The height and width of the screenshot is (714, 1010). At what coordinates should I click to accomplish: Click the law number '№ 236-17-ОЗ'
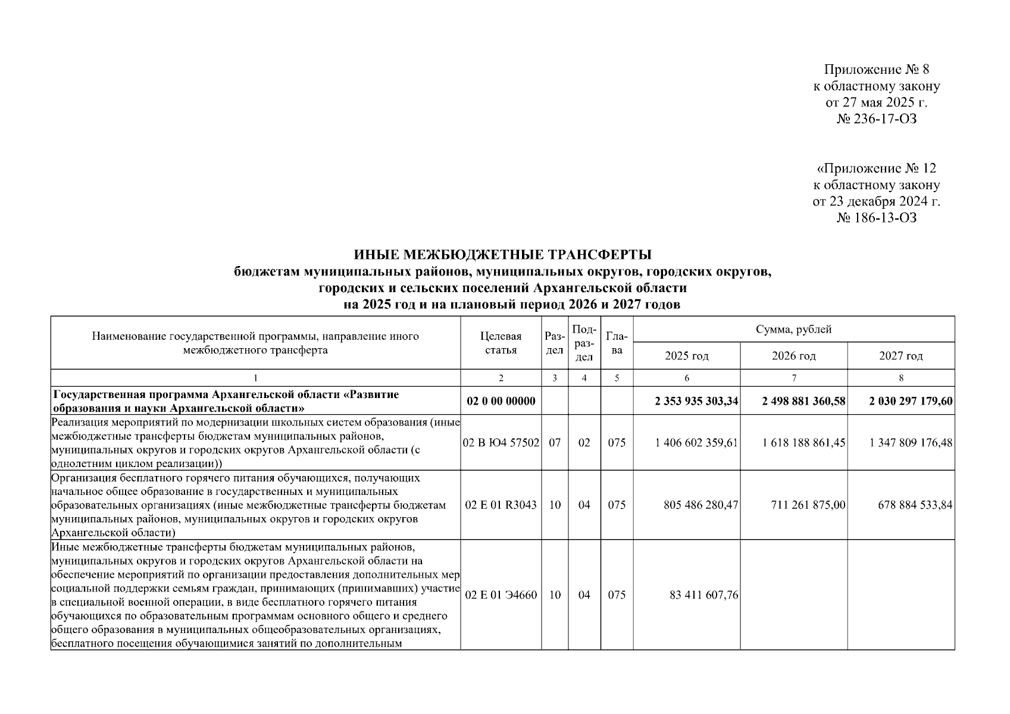(876, 119)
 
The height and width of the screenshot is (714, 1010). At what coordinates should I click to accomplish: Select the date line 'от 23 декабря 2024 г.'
(876, 201)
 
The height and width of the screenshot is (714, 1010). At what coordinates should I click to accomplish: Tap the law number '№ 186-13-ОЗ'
(876, 218)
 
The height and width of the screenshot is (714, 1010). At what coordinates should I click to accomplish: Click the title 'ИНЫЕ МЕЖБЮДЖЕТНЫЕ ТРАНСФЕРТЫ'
(503, 255)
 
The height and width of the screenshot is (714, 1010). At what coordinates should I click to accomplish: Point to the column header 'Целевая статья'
(501, 343)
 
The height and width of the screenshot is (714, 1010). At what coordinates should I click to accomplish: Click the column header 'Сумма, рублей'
(793, 329)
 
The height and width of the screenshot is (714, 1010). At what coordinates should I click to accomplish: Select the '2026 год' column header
(793, 356)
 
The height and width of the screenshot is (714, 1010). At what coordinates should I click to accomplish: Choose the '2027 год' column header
(900, 356)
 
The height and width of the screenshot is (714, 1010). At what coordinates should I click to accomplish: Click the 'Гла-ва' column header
(617, 343)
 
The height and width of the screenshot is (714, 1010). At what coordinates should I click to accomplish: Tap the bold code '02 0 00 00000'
(501, 401)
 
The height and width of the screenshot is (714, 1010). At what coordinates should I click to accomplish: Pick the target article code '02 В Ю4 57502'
(501, 443)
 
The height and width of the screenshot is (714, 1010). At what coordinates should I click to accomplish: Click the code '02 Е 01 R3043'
(501, 505)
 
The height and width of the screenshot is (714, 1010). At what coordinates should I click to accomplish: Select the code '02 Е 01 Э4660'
(501, 594)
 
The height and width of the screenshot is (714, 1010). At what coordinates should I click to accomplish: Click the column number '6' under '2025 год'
(687, 378)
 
